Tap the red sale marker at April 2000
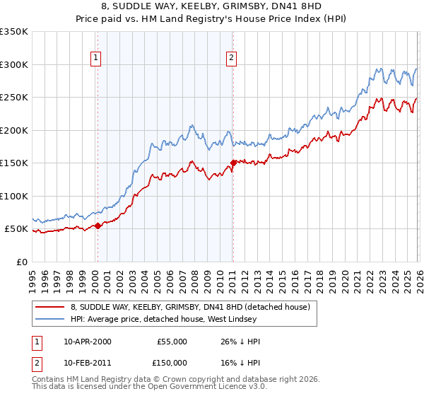coord(98,226)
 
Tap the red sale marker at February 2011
coord(233,163)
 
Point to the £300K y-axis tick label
coord(14,64)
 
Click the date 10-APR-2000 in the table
coord(87,342)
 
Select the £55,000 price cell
coord(171,342)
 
